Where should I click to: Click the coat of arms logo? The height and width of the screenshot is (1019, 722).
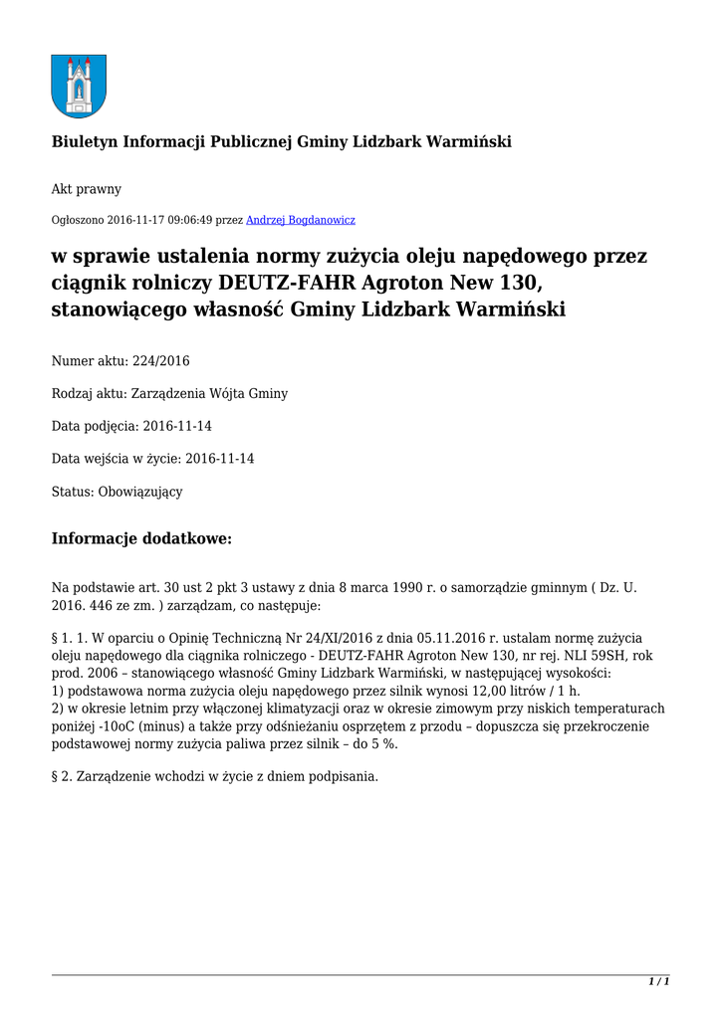[78, 86]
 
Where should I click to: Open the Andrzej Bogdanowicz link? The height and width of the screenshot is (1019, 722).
[300, 220]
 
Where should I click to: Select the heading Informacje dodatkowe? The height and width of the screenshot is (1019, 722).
[141, 539]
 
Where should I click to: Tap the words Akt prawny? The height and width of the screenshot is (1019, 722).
[86, 188]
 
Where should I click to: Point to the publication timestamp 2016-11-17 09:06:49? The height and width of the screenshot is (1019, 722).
[160, 220]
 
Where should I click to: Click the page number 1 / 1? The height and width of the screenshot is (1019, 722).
[659, 981]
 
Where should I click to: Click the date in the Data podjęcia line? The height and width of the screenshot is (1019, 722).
[177, 426]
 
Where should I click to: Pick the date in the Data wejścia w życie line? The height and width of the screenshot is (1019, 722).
[219, 459]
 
